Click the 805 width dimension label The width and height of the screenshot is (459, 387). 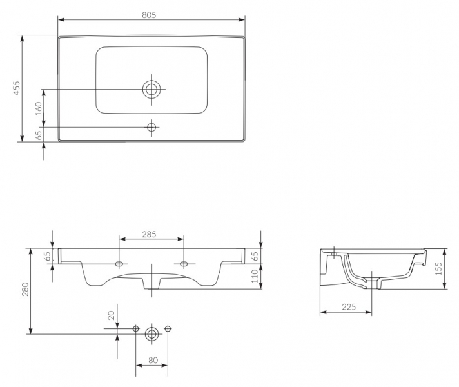(x=149, y=15)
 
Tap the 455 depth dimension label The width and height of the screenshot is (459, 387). (x=17, y=88)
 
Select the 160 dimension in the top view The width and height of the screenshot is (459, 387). (x=39, y=109)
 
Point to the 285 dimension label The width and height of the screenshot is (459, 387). (x=150, y=234)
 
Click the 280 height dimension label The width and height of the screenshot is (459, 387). (x=26, y=289)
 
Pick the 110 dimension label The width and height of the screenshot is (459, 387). (x=255, y=276)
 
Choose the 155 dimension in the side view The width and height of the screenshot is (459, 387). (x=438, y=269)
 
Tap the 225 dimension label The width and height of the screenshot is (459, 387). (x=349, y=307)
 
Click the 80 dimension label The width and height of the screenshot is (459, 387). (x=153, y=361)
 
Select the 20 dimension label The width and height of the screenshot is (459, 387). (x=112, y=315)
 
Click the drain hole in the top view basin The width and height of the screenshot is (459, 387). (x=151, y=90)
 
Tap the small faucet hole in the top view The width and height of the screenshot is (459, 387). (x=151, y=128)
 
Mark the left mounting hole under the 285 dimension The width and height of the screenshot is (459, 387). (x=119, y=264)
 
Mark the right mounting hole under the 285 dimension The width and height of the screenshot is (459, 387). (x=184, y=264)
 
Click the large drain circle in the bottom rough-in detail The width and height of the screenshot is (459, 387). (x=152, y=333)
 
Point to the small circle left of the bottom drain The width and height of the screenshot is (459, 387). (x=136, y=329)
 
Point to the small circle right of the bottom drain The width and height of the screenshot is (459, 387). (x=168, y=329)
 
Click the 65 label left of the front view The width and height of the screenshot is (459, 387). (x=48, y=256)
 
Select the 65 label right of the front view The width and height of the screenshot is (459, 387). (x=255, y=256)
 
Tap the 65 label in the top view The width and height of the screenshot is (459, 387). (x=39, y=135)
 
